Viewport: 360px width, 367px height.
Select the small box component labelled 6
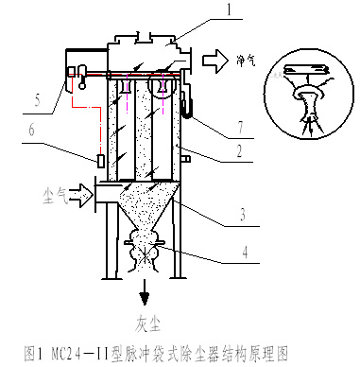tap(101, 161)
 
